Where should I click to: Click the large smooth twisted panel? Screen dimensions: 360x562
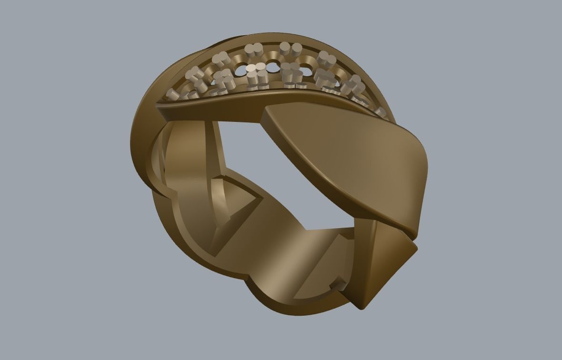[348, 157]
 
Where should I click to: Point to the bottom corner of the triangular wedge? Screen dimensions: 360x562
[361, 308]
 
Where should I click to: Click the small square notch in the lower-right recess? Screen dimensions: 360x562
[340, 285]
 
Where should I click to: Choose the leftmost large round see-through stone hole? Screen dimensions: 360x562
[242, 70]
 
